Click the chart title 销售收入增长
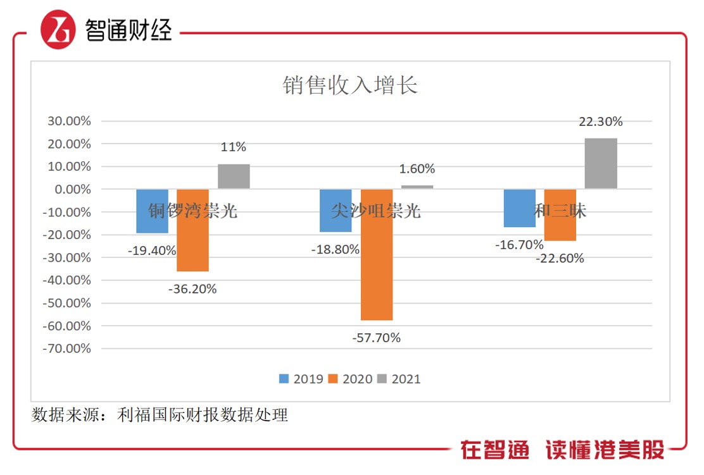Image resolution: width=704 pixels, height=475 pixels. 350,85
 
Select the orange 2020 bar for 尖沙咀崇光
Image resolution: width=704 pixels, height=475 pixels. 377,254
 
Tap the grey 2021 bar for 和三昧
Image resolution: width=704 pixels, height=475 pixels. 601,164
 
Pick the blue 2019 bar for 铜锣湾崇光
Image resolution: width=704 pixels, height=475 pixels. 153,211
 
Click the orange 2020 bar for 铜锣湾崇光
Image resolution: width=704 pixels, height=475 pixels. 192,230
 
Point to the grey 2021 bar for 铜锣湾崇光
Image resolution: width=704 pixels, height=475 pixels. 234,176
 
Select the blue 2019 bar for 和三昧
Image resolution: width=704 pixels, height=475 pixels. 520,208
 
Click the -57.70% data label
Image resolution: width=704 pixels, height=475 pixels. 377,338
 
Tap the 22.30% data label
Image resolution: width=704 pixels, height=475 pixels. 601,121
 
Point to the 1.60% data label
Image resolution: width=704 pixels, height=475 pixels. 417,169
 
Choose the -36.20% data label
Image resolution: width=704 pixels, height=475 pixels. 192,289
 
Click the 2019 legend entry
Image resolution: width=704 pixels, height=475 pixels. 301,379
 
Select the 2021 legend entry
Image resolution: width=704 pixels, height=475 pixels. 399,379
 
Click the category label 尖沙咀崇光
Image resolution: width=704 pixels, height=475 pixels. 376,211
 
